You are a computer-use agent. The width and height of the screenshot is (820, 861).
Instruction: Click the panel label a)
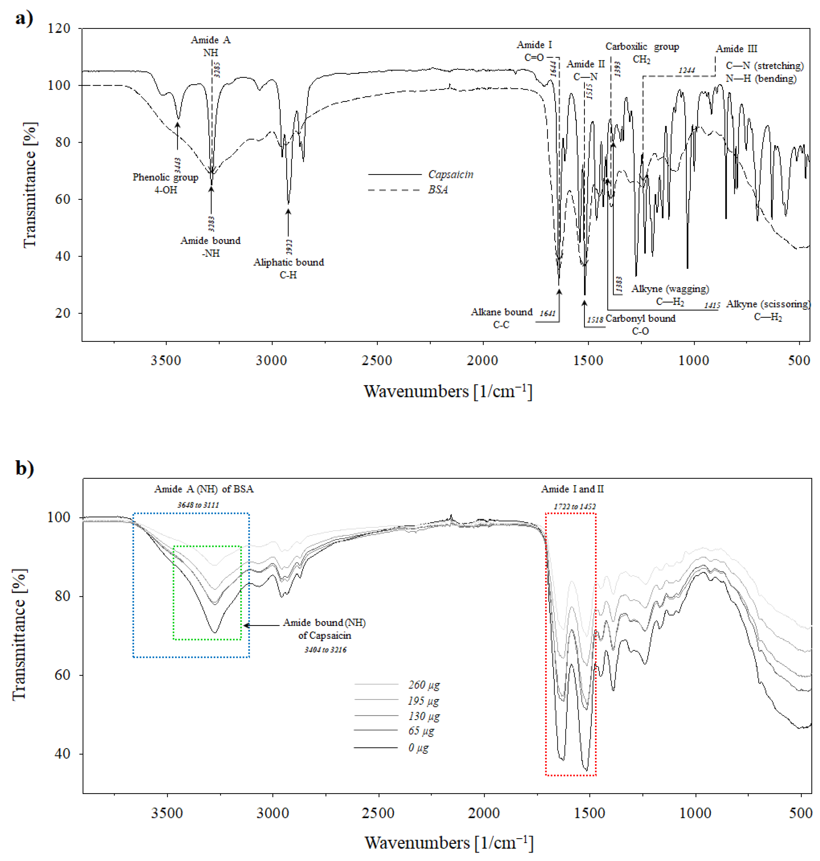24,18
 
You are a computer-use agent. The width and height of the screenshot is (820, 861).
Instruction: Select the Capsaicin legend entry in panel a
450,174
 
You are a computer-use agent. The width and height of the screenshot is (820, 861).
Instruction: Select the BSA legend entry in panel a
438,190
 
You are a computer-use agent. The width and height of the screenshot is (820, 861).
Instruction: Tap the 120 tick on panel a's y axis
59,28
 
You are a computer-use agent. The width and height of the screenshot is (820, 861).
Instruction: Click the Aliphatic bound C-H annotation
289,268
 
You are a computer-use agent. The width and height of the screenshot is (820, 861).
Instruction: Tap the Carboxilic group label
642,46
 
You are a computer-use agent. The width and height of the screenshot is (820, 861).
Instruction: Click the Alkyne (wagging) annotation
670,289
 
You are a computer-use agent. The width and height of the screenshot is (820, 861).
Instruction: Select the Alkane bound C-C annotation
501,318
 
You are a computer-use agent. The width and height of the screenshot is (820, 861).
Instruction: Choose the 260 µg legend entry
423,685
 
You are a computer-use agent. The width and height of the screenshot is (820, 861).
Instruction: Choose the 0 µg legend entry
418,748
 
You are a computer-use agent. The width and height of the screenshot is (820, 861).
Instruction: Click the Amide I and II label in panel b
572,489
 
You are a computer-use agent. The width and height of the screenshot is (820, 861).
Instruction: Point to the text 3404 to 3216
325,650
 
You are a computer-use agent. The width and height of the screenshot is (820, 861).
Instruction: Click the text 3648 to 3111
198,504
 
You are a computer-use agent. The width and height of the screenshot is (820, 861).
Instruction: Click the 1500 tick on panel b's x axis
589,813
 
